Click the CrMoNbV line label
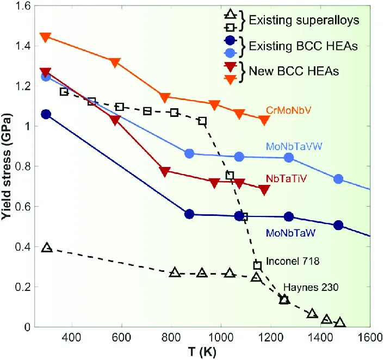[x=289, y=110]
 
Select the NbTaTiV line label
[x=286, y=178]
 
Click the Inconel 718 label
[x=293, y=261]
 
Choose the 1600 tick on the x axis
[x=369, y=337]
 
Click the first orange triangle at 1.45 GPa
[x=46, y=37]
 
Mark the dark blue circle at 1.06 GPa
[x=46, y=114]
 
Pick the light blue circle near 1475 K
[x=338, y=179]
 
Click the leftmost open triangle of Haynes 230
[x=47, y=248]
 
